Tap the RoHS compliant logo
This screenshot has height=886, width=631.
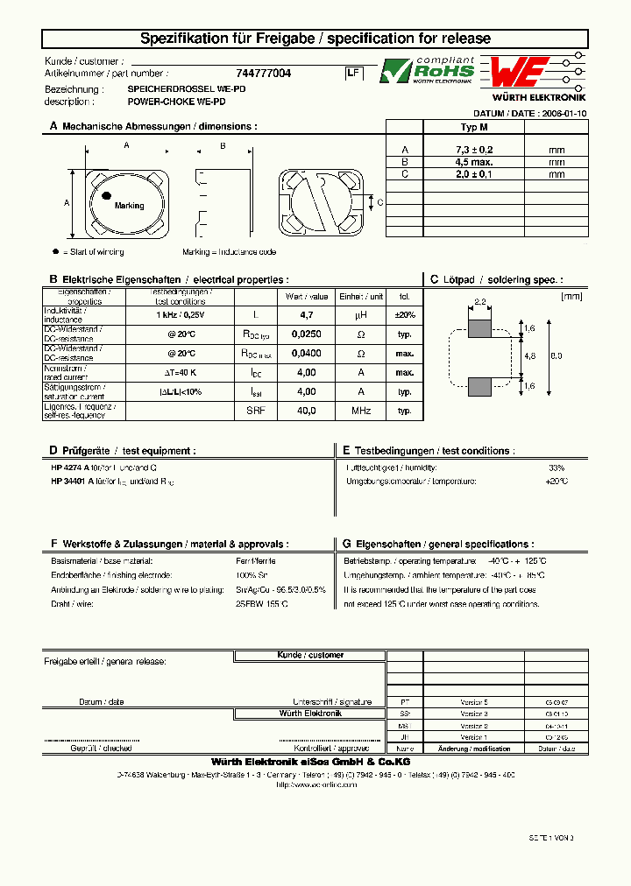427,71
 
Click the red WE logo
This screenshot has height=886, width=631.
520,71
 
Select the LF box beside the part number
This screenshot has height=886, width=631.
352,74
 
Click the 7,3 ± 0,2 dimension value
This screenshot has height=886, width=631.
473,151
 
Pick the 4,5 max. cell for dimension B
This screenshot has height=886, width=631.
473,162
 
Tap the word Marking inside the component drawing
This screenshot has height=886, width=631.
129,206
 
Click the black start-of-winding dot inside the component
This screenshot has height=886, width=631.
106,196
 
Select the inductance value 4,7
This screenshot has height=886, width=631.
306,314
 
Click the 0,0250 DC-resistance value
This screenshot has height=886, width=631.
306,334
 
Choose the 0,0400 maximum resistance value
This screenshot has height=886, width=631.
306,354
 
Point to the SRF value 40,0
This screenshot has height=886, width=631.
306,410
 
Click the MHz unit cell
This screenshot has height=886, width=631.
360,410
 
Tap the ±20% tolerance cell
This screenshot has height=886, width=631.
404,314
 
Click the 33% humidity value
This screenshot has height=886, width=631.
557,468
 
